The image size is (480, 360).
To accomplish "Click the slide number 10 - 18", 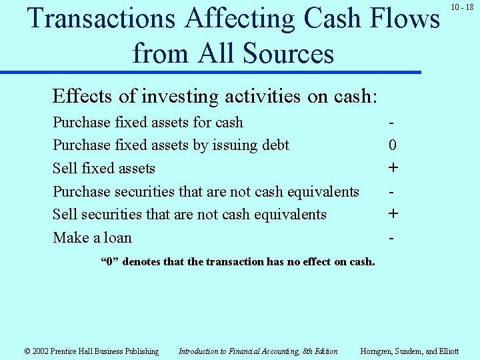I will click(462, 7).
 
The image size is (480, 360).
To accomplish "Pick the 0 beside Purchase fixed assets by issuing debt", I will click(393, 145).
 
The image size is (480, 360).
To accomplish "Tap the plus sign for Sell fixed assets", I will click(393, 168).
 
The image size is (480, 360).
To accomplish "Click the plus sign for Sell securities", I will click(393, 214).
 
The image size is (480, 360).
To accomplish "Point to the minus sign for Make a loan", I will click(393, 237).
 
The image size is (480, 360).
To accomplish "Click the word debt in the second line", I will click(273, 145).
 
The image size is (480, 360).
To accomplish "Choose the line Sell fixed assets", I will click(104, 169).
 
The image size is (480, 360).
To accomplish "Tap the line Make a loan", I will click(93, 238).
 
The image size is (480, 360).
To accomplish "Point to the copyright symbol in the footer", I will click(28, 351).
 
